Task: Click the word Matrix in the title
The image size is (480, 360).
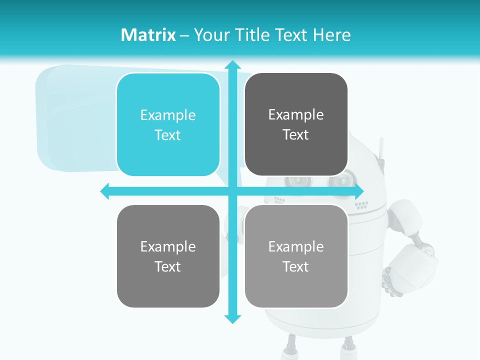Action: click(x=148, y=35)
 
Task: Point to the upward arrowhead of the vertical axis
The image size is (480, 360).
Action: click(x=232, y=65)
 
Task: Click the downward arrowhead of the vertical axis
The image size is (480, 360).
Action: click(x=232, y=318)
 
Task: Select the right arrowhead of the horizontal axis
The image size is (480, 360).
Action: click(x=358, y=191)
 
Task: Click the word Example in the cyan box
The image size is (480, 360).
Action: click(x=168, y=115)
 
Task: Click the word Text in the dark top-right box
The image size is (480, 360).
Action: click(x=296, y=135)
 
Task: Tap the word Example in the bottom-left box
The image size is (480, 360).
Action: click(x=168, y=246)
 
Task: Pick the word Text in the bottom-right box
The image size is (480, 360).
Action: click(x=296, y=266)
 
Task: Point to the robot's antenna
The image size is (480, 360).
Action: click(x=379, y=148)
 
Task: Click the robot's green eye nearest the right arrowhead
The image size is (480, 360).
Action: click(x=343, y=180)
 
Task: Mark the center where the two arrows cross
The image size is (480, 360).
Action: click(x=232, y=191)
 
